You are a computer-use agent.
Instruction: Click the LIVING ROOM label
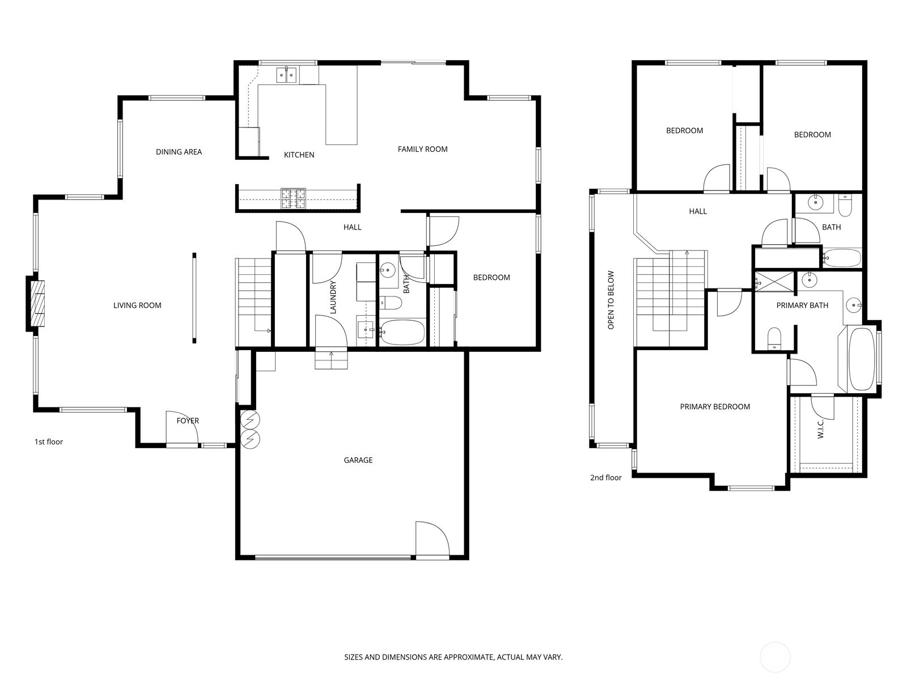click(x=137, y=305)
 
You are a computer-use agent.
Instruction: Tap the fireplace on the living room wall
click(x=36, y=303)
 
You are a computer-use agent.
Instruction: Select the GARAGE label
click(x=358, y=460)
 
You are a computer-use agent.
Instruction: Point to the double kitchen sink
click(x=286, y=75)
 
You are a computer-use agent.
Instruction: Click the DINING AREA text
click(x=179, y=152)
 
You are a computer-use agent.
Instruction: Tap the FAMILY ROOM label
click(x=422, y=149)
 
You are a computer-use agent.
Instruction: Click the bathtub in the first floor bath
click(x=402, y=332)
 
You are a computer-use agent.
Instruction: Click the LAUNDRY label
click(x=333, y=297)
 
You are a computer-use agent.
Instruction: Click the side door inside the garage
click(x=431, y=539)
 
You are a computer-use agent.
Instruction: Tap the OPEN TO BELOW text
click(x=611, y=300)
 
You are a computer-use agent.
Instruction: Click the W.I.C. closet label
click(x=821, y=429)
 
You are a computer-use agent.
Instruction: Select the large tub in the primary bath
click(x=862, y=359)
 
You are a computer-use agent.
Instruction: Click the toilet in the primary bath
click(x=774, y=339)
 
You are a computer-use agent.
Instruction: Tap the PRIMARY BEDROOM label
click(x=715, y=406)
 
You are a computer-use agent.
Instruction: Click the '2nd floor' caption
click(x=605, y=478)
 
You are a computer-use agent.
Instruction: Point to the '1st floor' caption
click(x=49, y=441)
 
